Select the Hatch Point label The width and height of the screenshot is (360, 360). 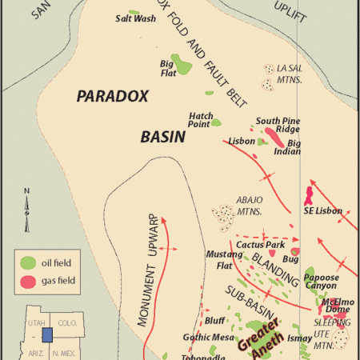pyautogui.click(x=200, y=119)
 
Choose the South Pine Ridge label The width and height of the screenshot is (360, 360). pyautogui.click(x=278, y=125)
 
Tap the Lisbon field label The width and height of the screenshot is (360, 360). pyautogui.click(x=241, y=142)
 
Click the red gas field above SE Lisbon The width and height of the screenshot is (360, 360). pyautogui.click(x=308, y=194)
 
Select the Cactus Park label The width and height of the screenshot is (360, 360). pyautogui.click(x=263, y=244)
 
